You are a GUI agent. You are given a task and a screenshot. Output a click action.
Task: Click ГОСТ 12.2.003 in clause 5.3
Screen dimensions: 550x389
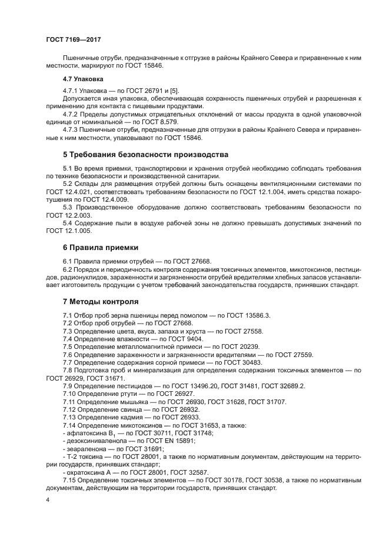(64, 216)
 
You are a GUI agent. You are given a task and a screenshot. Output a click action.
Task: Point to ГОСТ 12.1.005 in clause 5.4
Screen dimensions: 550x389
(64, 232)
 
